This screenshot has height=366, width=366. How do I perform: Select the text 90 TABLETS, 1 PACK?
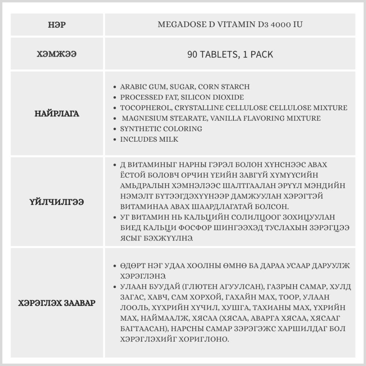230,55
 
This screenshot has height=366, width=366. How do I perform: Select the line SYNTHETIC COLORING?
161,129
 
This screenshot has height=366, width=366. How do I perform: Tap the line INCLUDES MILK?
149,139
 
